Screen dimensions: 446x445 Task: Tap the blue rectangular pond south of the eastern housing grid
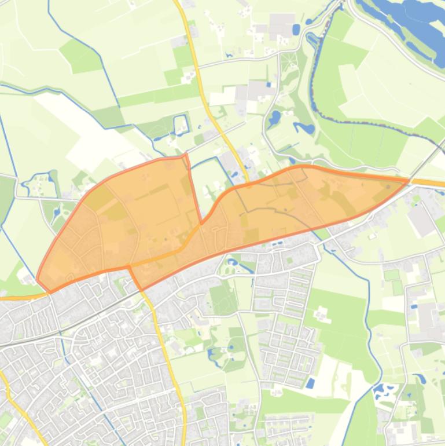pos(311,383)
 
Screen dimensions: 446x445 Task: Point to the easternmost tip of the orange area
pos(409,181)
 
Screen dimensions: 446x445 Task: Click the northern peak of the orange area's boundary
pos(185,155)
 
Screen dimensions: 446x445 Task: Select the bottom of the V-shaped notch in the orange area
pos(201,223)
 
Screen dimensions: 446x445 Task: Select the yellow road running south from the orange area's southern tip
pos(165,348)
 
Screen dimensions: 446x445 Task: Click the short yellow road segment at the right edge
pos(431,183)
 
